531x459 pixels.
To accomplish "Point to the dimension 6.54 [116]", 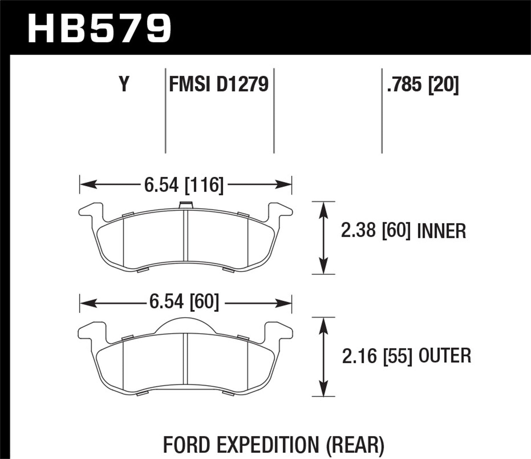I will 184,185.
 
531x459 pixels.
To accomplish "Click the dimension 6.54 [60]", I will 184,302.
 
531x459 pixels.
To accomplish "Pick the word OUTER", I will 445,356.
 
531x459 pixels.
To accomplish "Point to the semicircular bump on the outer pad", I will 185,325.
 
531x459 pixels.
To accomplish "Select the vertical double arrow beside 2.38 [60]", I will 323,238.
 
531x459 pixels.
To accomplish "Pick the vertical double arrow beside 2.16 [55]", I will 323,356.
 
